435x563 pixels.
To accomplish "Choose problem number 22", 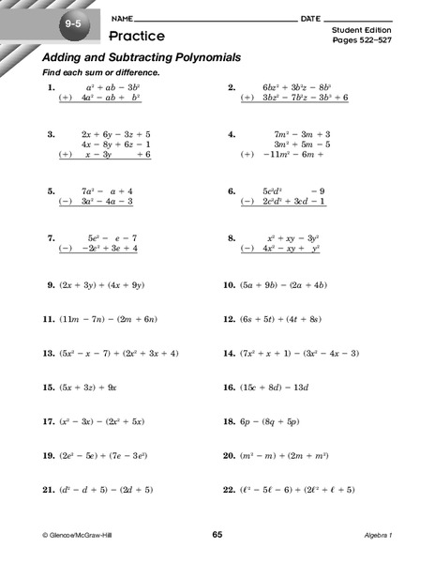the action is click(x=228, y=490).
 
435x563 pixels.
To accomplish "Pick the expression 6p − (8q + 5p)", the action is click(x=273, y=421).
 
